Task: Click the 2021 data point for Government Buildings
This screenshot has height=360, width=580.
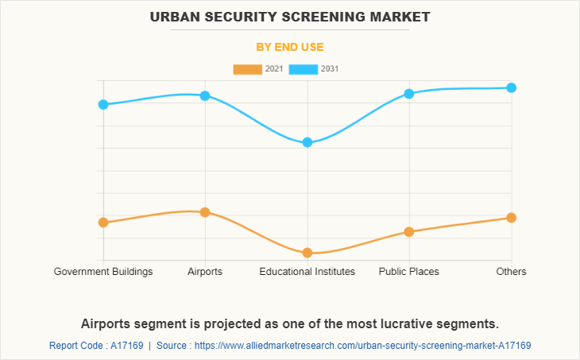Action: pyautogui.click(x=103, y=223)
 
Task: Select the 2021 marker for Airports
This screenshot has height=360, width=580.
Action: pyautogui.click(x=205, y=212)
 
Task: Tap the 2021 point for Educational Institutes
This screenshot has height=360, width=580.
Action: pyautogui.click(x=307, y=253)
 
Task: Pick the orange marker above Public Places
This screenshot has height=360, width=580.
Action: pyautogui.click(x=409, y=232)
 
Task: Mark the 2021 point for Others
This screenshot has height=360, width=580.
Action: pyautogui.click(x=512, y=218)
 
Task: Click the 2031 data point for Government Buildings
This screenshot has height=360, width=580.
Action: pyautogui.click(x=103, y=104)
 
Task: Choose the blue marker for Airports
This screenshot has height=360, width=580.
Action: pyautogui.click(x=205, y=95)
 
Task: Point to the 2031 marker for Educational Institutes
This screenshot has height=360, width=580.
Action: pyautogui.click(x=307, y=143)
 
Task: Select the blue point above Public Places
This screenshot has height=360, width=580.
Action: pyautogui.click(x=409, y=93)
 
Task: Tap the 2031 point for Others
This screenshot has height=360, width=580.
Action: pyautogui.click(x=512, y=87)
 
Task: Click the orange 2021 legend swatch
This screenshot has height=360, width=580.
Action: pyautogui.click(x=247, y=69)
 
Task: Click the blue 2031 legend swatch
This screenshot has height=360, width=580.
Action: pyautogui.click(x=304, y=69)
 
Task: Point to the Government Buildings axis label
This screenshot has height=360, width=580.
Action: pyautogui.click(x=103, y=272)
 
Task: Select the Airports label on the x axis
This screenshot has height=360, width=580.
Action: pyautogui.click(x=205, y=272)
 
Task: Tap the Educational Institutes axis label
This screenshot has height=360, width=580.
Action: pyautogui.click(x=307, y=272)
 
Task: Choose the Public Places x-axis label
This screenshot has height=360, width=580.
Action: pyautogui.click(x=409, y=272)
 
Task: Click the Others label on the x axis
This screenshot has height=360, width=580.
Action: pyautogui.click(x=512, y=272)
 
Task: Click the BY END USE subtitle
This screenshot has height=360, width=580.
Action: pyautogui.click(x=290, y=47)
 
